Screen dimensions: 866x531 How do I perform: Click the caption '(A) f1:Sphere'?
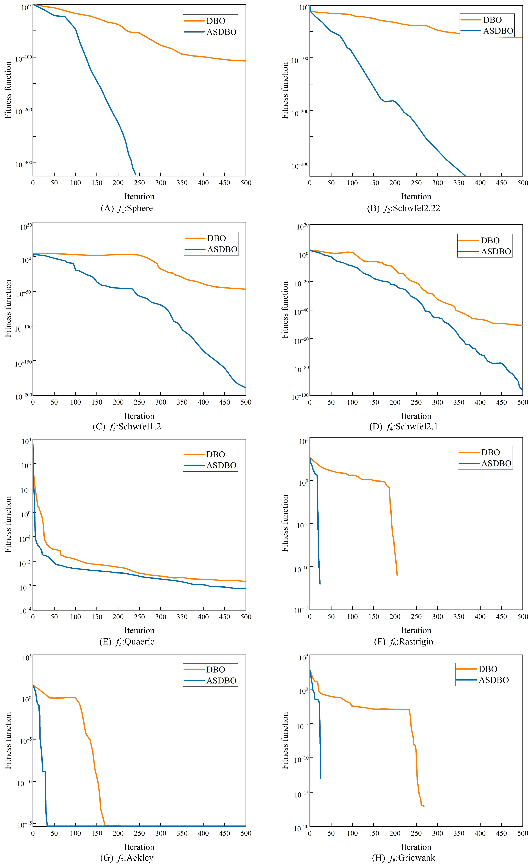click(x=127, y=208)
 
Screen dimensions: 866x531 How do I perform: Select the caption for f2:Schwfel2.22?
click(x=403, y=208)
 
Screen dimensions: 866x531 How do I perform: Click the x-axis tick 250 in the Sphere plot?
click(x=139, y=183)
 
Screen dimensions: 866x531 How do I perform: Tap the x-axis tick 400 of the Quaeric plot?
click(x=203, y=617)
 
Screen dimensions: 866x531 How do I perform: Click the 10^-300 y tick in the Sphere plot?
click(x=24, y=164)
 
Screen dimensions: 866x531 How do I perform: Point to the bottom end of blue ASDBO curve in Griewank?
click(x=321, y=779)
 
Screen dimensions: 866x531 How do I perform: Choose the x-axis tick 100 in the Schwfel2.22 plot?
click(x=352, y=183)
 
